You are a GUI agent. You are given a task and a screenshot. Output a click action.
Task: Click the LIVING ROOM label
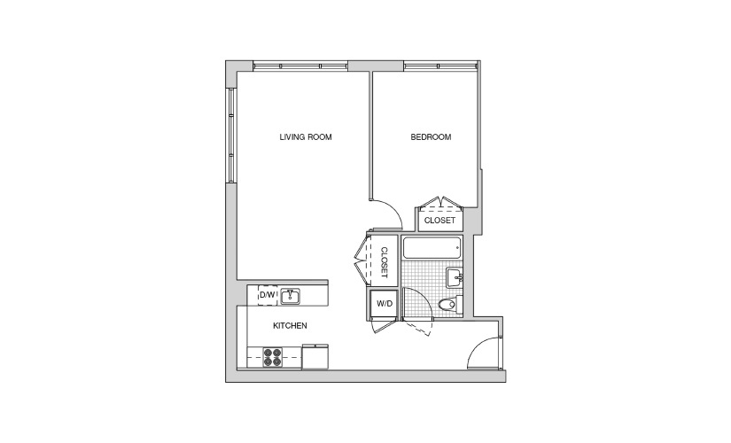tap(306, 137)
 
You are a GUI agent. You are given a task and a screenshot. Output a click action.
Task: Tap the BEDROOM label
tap(431, 137)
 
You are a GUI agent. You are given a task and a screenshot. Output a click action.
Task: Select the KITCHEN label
tap(290, 325)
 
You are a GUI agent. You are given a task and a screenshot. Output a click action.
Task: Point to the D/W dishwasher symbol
tap(268, 295)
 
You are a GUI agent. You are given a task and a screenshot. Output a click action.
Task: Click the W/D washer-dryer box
tap(385, 304)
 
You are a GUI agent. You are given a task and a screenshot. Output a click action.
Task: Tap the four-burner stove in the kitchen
tap(272, 357)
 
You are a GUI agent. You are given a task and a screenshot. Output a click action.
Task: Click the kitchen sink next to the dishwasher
tap(290, 296)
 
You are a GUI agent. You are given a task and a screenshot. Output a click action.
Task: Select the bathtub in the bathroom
tap(432, 247)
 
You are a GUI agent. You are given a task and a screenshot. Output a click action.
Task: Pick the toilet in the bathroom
tap(450, 305)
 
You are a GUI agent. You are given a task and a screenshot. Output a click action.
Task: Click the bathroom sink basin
tap(454, 277)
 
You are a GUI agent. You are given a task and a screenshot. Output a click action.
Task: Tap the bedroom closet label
tap(439, 220)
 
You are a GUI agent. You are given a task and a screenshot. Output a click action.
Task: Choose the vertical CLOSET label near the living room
tap(385, 262)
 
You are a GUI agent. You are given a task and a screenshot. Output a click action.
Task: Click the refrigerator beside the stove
tap(315, 357)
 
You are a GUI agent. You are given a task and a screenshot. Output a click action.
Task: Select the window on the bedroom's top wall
tap(441, 66)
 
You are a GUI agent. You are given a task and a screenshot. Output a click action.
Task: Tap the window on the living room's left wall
tap(231, 135)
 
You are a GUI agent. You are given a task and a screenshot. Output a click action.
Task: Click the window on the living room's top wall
tap(300, 66)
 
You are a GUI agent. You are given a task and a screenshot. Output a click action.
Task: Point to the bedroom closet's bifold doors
tap(440, 201)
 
